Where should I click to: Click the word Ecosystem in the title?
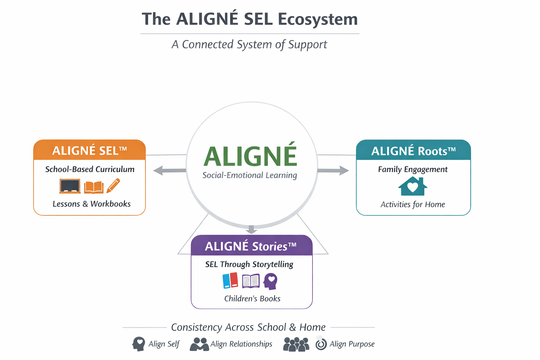pos(317,20)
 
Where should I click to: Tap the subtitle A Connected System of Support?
pos(249,45)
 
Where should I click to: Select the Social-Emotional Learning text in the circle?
pos(250,175)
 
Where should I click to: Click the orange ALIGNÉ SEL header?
pos(89,150)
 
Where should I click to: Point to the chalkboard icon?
pos(70,186)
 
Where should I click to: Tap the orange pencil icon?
pos(113,186)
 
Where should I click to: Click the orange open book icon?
pos(94,187)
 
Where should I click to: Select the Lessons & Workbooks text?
pos(91,204)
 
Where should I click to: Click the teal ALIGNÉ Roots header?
pos(413,151)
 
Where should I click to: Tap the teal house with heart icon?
pos(413,186)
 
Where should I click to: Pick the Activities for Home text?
pos(413,204)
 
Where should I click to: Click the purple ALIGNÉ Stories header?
pos(251,246)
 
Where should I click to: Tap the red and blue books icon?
pos(230,281)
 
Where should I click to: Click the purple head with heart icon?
pos(271,281)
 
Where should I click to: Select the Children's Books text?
pos(252,298)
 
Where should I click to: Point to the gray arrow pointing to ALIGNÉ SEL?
pos(169,171)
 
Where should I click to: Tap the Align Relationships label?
pos(241,344)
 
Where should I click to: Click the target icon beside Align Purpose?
pos(321,344)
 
